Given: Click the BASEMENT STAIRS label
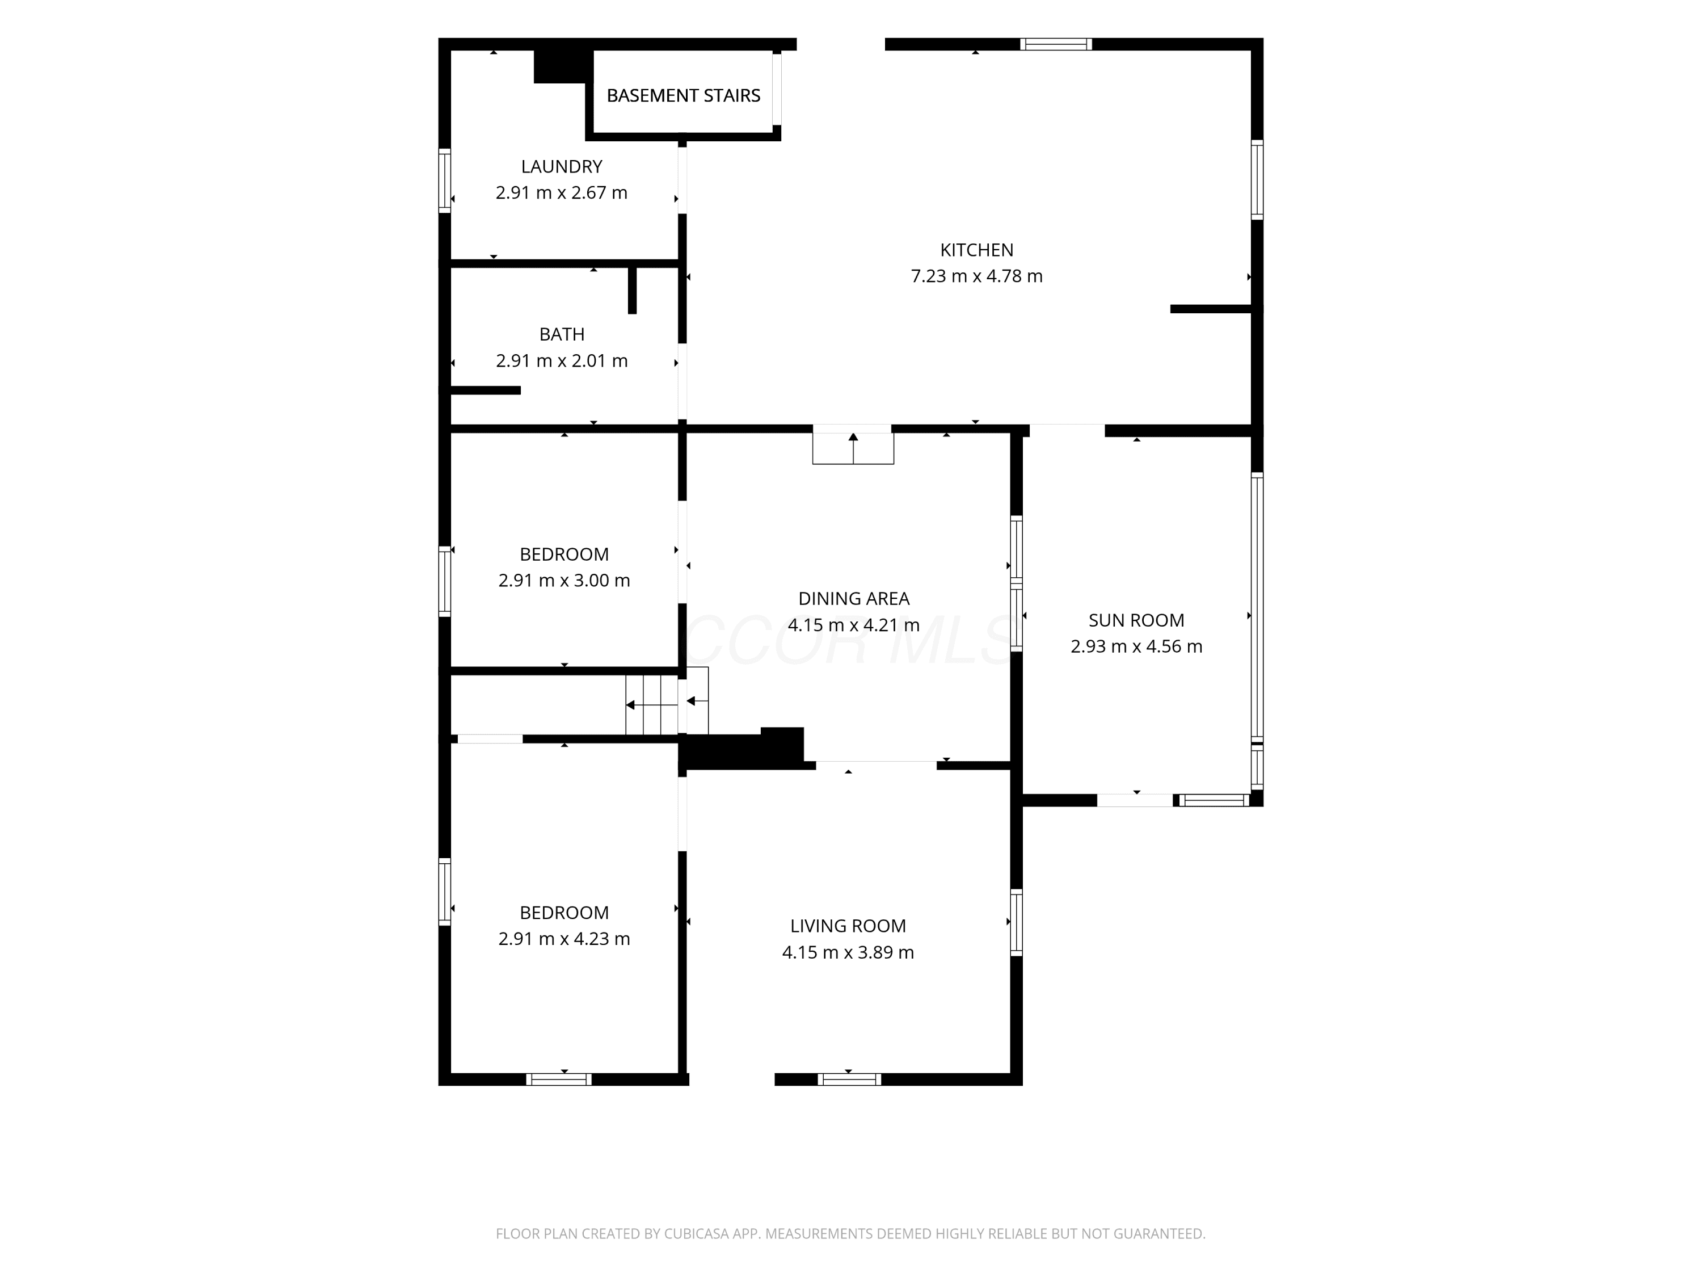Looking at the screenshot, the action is (683, 95).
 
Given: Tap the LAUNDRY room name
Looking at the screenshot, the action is (562, 166).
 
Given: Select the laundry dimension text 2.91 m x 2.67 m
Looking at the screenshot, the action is (562, 192).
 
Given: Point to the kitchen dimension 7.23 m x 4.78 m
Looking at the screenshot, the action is (976, 276).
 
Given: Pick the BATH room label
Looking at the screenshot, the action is (562, 334).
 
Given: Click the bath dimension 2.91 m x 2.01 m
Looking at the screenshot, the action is (562, 360).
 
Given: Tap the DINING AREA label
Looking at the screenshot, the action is (854, 598).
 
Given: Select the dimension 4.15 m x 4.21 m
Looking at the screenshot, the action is (854, 624).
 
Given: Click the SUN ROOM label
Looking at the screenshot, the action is (1136, 620).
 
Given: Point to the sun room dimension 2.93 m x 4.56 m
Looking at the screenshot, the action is (1136, 646).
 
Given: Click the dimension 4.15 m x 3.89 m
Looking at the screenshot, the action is (848, 952).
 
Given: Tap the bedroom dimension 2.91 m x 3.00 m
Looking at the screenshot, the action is (564, 581).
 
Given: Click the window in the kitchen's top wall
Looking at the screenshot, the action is (1056, 44).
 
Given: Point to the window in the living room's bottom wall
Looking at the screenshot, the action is (849, 1079).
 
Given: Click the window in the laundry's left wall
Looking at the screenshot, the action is (444, 180).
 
